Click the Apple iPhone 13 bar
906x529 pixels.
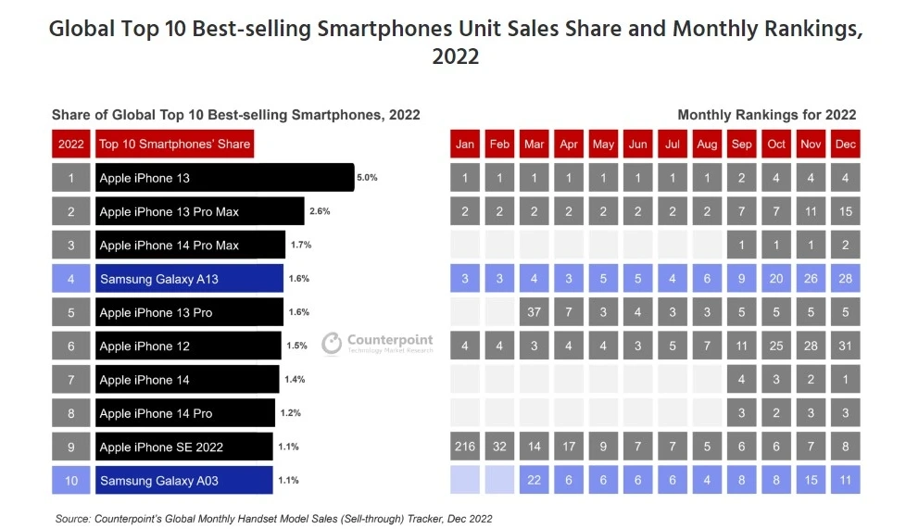[x=224, y=178]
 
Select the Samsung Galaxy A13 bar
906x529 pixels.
[x=189, y=279]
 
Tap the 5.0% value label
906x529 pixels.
[x=367, y=177]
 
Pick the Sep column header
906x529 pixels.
[x=741, y=145]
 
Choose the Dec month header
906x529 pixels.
[x=845, y=145]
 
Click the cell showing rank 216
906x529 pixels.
[x=466, y=447]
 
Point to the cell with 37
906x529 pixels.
[x=535, y=312]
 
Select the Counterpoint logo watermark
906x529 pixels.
[x=377, y=343]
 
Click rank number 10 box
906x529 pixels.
[x=70, y=480]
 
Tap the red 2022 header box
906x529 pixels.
[x=70, y=145]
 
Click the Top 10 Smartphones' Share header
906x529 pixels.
[x=174, y=145]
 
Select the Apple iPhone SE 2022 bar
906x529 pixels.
[x=183, y=447]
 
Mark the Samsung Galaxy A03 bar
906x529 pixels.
[x=183, y=480]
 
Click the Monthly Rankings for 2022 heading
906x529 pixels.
[x=766, y=115]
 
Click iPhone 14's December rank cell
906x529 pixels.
[x=845, y=379]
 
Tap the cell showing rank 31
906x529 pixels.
[x=845, y=346]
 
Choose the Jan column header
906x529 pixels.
[x=466, y=145]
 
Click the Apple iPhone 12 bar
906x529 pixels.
[x=188, y=346]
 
